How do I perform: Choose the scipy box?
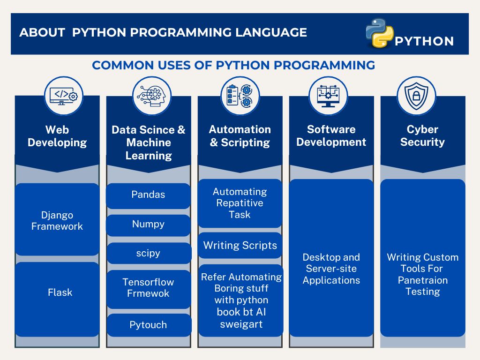pyautogui.click(x=149, y=253)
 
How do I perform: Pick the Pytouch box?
pyautogui.click(x=149, y=325)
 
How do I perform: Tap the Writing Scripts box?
pyautogui.click(x=240, y=245)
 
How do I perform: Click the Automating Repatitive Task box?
pyautogui.click(x=240, y=203)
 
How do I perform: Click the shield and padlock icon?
pyautogui.click(x=416, y=96)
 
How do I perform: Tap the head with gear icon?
pyautogui.click(x=152, y=96)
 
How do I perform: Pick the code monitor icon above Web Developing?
pyautogui.click(x=64, y=96)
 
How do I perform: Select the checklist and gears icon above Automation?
pyautogui.click(x=240, y=96)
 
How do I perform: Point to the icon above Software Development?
pyautogui.click(x=328, y=96)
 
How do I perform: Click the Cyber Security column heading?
pyautogui.click(x=422, y=135)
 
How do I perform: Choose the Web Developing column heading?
pyautogui.click(x=57, y=136)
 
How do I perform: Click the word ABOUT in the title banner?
pyautogui.click(x=42, y=32)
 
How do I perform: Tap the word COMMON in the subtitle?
pyautogui.click(x=123, y=65)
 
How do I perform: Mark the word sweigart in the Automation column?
pyautogui.click(x=241, y=324)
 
